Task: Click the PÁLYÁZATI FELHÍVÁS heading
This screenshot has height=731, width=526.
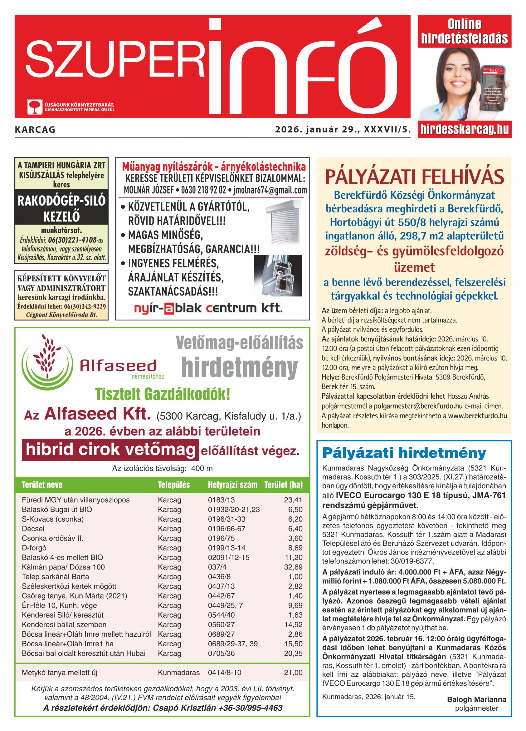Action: coord(414,177)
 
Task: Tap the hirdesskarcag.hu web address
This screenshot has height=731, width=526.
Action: coord(464,129)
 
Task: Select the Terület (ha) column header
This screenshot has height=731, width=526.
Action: coord(283,485)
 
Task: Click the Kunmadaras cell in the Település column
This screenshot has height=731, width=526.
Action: coord(179,673)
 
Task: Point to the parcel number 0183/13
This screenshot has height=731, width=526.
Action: coord(221,500)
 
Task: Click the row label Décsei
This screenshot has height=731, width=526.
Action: coord(33,529)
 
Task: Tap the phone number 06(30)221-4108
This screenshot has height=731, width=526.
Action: coord(72,240)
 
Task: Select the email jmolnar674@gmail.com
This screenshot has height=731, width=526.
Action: coord(270,190)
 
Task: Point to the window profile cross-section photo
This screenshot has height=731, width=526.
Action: coord(278,276)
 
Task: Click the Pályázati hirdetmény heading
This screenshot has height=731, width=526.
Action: coord(404,453)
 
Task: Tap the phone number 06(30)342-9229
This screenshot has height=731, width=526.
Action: coord(85,306)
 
